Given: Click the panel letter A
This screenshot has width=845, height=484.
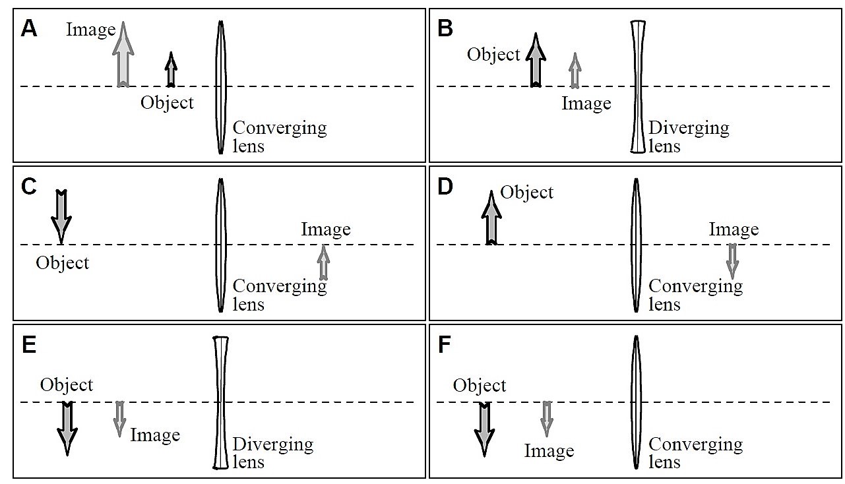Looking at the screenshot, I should pos(28,29).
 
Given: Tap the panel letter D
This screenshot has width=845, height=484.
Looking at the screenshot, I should pos(445,187).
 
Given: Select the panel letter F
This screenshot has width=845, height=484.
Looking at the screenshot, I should pos(445,346).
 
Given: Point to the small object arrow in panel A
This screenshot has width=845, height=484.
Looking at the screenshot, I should pos(172,70).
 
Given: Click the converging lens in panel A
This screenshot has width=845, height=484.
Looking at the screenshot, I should pos(221,87).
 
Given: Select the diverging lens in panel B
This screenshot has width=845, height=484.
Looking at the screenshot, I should pos(637,87).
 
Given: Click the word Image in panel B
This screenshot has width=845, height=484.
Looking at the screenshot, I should pos(586,104).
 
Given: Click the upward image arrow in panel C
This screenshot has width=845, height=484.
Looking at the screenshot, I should pos(323,262).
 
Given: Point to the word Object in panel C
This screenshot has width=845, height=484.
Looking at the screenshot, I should pos(63,262).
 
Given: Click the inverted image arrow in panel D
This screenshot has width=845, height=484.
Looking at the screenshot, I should pos(732,260).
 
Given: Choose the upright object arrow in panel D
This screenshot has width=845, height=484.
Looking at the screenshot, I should pos(491,218).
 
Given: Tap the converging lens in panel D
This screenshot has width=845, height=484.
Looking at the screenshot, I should pos(637,245).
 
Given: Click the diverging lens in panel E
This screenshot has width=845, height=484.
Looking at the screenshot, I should pos(221,403).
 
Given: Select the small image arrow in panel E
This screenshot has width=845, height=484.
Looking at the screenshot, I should pos(119,418).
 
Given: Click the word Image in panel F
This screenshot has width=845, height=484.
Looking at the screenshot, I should pos(549,451).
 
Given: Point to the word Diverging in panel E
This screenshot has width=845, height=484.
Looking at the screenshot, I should pos(272,444).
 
